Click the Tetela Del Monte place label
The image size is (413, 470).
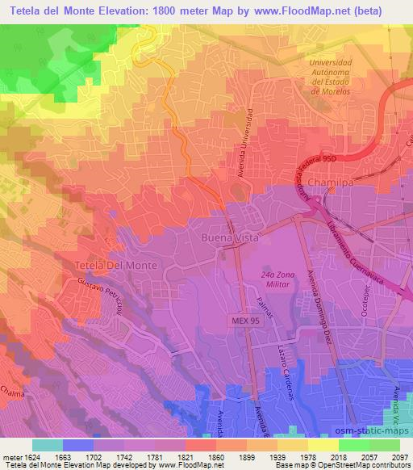point(113,265)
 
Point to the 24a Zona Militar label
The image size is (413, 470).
point(279,280)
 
